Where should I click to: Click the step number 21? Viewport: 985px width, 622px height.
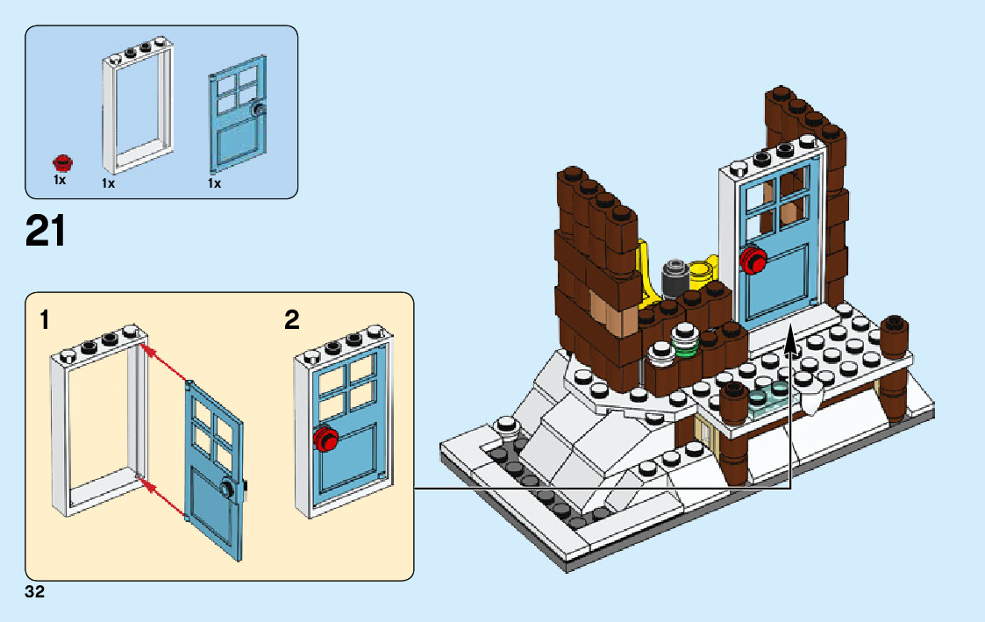[46, 232]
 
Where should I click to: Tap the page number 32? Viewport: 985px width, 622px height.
[35, 592]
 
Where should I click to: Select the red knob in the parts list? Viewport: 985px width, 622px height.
[62, 162]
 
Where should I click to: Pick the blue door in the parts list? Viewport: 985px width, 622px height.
[238, 118]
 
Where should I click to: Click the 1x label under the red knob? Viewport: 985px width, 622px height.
[60, 180]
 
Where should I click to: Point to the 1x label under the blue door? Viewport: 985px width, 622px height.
[214, 183]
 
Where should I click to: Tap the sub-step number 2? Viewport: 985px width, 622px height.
[292, 320]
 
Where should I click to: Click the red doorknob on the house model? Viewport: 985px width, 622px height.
[753, 260]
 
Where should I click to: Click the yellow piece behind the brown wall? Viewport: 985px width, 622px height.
[649, 272]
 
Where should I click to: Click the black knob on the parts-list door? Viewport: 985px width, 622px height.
[258, 109]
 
